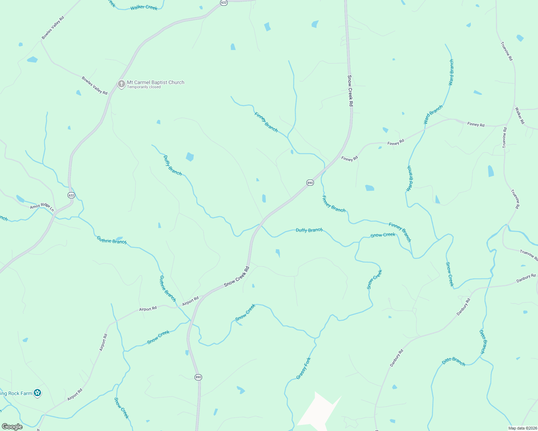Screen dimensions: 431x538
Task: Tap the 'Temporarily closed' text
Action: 144,87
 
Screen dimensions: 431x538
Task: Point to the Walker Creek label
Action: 144,8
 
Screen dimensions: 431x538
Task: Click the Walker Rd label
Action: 520,115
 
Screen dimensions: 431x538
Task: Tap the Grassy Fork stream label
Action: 303,369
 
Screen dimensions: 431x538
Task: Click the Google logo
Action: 12,427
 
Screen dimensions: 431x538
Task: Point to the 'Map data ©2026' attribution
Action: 522,428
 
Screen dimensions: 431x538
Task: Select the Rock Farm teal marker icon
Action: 37,393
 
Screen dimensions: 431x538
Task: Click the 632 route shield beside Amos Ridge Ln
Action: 71,195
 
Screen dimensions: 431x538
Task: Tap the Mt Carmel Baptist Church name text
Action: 155,82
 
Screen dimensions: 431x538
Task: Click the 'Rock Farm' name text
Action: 16,393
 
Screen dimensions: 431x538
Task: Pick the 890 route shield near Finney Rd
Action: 310,183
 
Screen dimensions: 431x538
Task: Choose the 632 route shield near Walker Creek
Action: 224,3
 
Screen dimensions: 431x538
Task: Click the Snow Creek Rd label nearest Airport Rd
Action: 237,277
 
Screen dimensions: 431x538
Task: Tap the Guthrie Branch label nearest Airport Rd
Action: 168,288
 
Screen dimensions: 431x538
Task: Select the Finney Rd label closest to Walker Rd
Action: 476,125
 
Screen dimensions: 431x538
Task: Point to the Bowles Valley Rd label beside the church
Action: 94,85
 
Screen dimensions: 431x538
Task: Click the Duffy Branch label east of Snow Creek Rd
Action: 309,230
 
